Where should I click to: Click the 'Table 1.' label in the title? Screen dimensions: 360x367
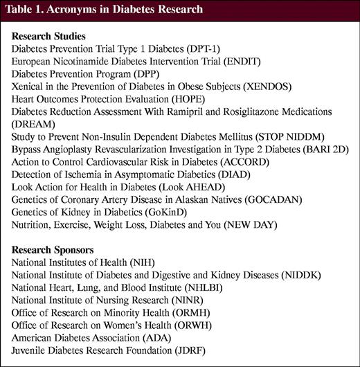click(x=29, y=10)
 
